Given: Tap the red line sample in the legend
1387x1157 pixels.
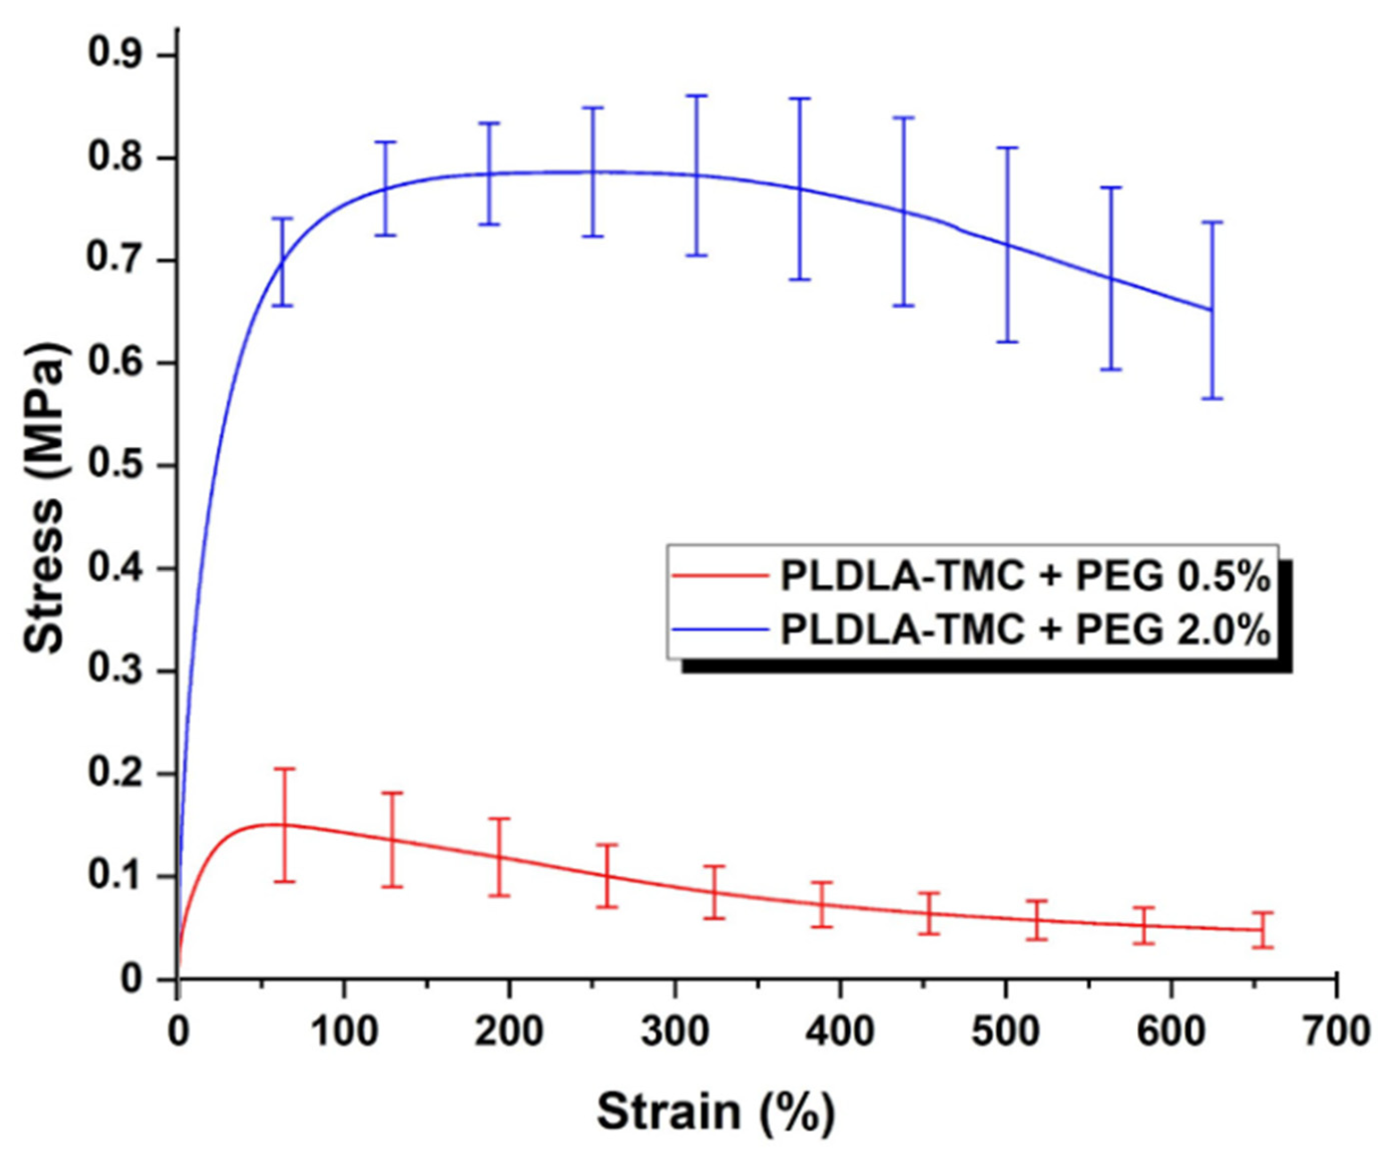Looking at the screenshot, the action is [721, 575].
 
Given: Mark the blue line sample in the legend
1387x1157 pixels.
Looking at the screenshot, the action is [721, 629].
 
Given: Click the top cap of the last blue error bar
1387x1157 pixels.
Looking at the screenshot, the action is [1212, 222].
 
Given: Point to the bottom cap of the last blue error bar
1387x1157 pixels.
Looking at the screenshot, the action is [1212, 398].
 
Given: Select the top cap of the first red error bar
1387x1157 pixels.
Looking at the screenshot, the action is [285, 768].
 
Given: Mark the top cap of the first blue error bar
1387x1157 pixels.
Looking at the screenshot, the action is [283, 218].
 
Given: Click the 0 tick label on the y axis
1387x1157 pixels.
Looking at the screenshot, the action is [131, 979].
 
